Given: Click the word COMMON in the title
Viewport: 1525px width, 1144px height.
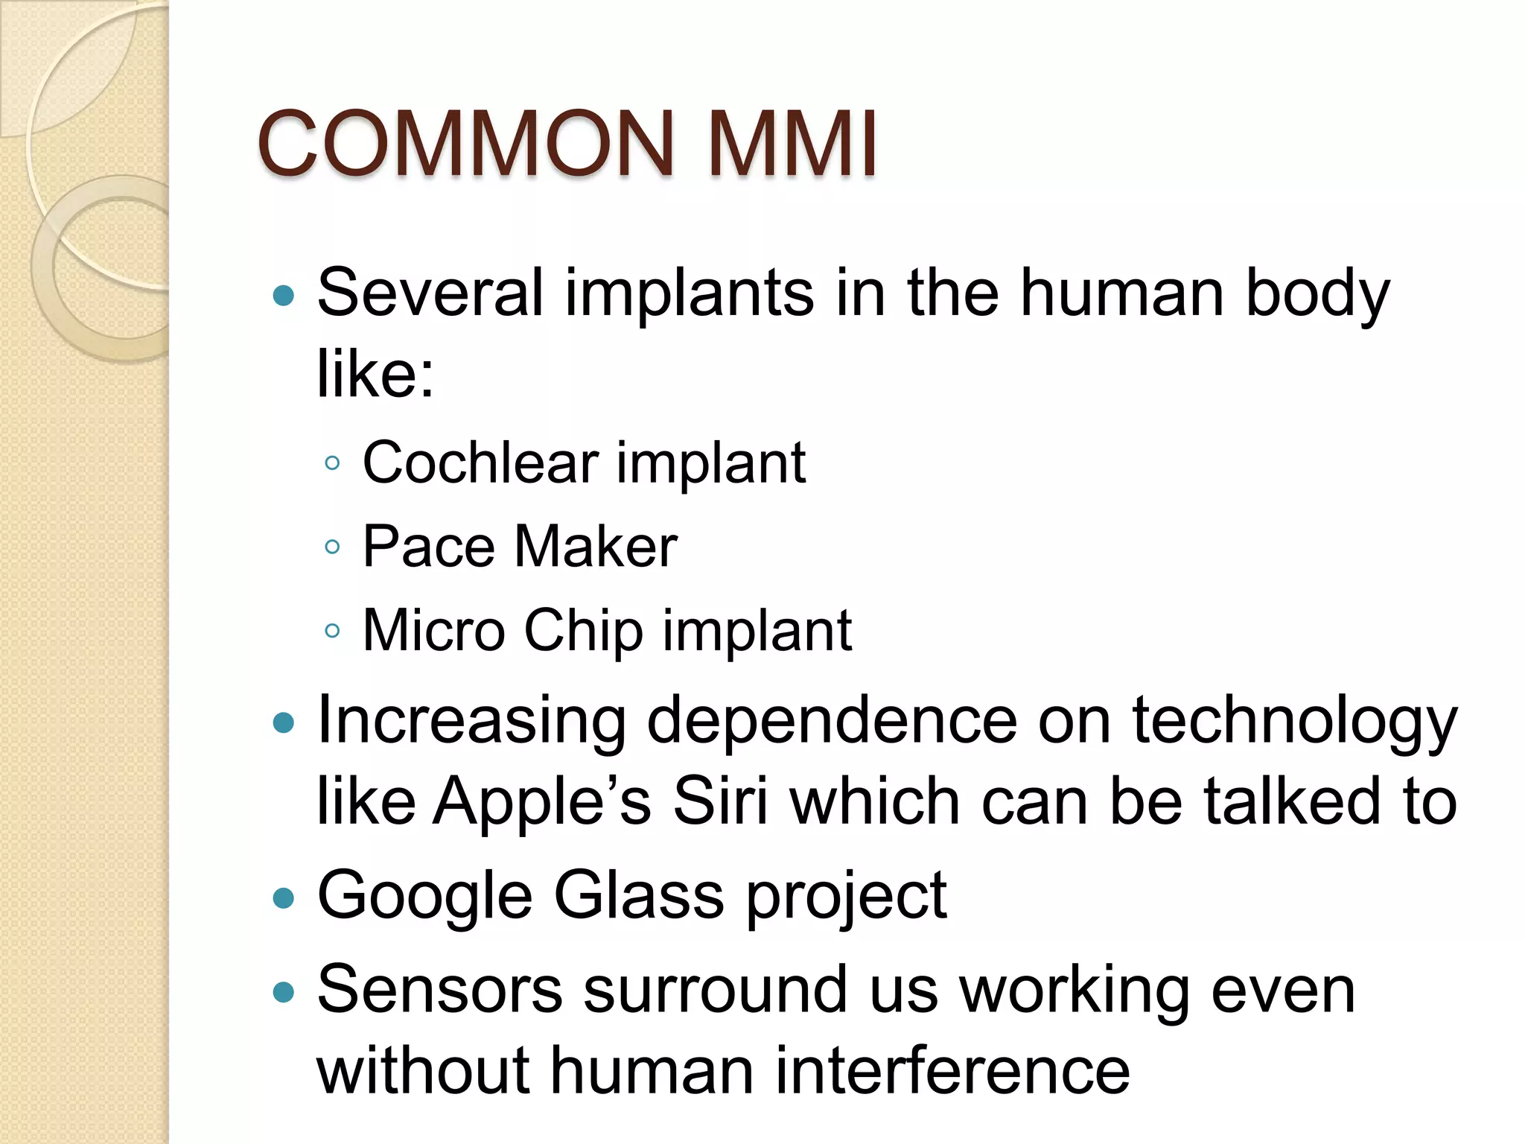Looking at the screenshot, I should click(x=465, y=143).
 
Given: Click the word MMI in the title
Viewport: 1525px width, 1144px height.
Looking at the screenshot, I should click(x=792, y=143).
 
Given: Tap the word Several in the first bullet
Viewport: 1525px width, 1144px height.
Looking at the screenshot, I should click(x=430, y=293).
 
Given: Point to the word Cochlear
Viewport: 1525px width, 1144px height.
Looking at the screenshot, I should click(x=480, y=463).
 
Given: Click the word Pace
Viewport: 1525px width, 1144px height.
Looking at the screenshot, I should click(x=428, y=547).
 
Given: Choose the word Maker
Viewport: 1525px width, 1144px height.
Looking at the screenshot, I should click(x=596, y=547).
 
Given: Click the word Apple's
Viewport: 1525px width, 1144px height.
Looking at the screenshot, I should click(x=542, y=803).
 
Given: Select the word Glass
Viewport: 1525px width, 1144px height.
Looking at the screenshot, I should click(x=639, y=895).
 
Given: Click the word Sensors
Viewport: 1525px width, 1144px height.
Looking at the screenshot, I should click(x=439, y=991).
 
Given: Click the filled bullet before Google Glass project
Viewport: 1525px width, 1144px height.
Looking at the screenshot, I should click(x=284, y=897).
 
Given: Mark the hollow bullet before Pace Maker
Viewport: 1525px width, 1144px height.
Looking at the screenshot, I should click(x=333, y=547).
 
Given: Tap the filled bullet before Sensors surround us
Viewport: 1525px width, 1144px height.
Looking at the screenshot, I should click(x=284, y=991).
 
